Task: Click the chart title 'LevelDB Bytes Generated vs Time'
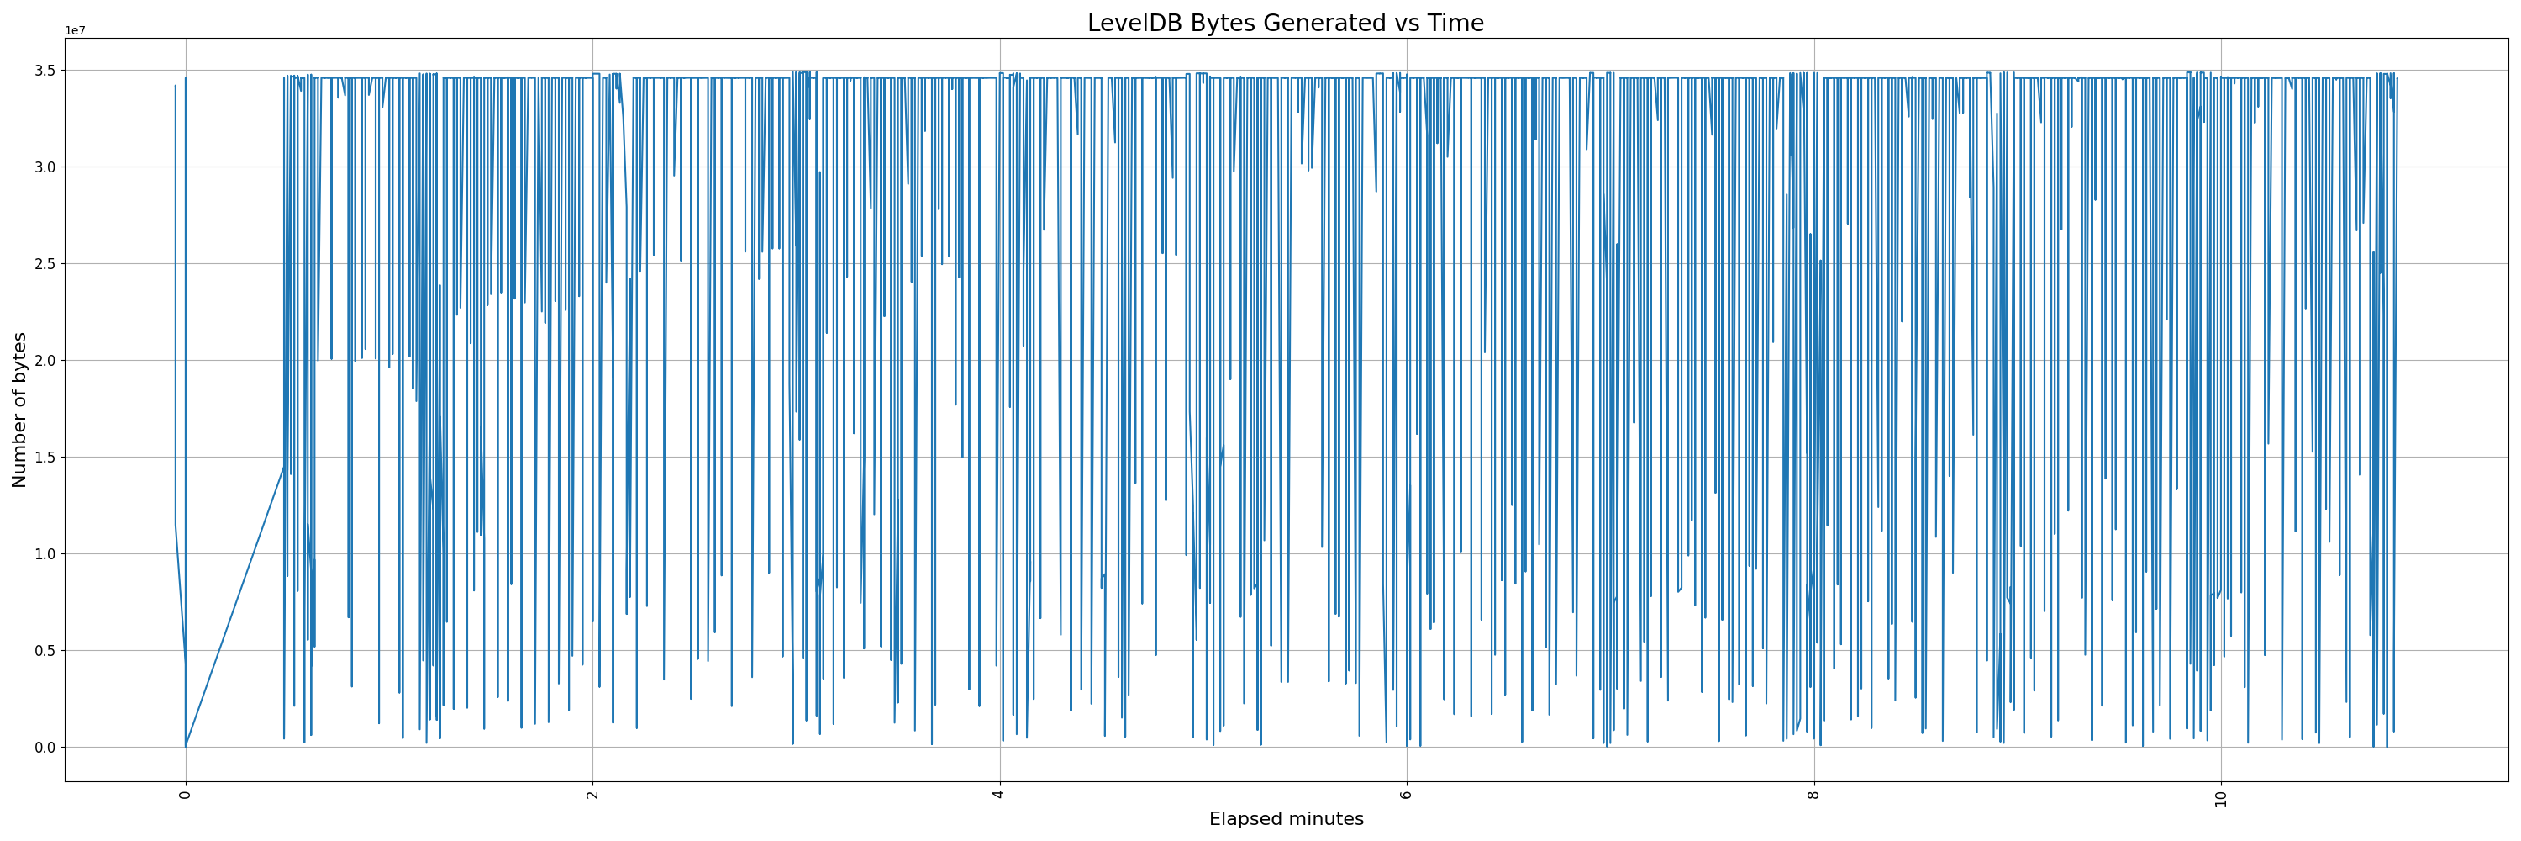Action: coord(1285,24)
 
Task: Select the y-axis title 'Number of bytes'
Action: coord(19,410)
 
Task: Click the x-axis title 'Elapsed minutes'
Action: coord(1286,819)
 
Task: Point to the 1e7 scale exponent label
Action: coord(76,30)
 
